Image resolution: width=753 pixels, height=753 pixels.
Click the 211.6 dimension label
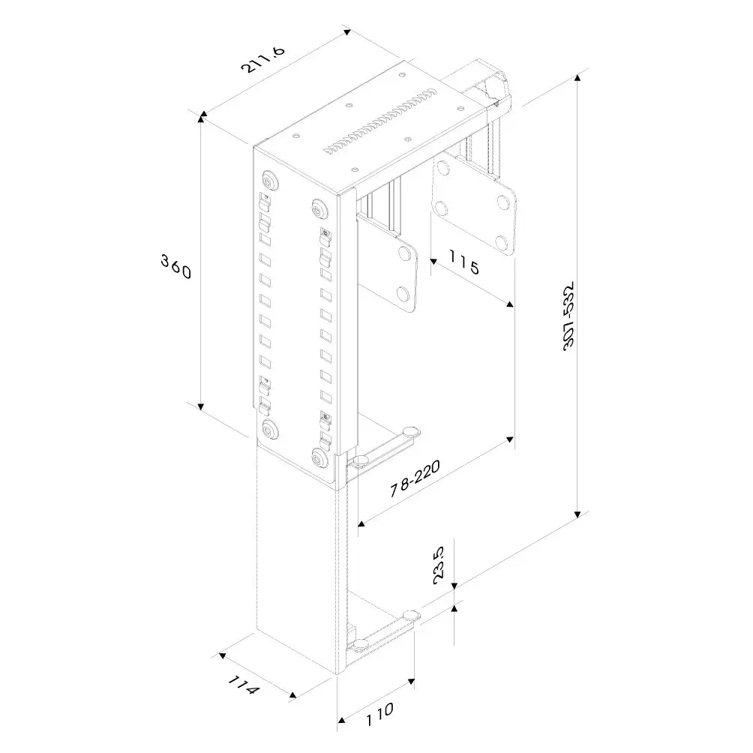pos(262,59)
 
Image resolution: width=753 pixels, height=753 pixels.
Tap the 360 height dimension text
pos(176,266)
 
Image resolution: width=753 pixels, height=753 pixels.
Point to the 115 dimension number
pos(464,262)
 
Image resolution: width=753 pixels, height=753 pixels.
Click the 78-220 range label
pos(415,478)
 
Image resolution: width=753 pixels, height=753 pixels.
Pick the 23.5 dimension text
pos(439,565)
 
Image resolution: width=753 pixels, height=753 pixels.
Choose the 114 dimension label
pos(244,684)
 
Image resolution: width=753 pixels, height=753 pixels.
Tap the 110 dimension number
pos(379,715)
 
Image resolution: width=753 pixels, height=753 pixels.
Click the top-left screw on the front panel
pos(270,180)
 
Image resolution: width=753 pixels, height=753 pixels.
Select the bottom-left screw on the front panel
pos(270,429)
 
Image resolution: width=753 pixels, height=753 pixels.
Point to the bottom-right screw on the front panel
pos(319,457)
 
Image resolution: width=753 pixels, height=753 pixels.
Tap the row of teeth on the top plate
pos(380,121)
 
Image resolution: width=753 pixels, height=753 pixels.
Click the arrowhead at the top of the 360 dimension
pos(202,115)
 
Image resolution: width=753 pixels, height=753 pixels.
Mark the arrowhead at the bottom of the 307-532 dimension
pos(578,514)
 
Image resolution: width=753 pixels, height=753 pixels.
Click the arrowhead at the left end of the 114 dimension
pos(222,655)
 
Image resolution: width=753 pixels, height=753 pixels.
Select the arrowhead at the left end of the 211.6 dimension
pos(203,113)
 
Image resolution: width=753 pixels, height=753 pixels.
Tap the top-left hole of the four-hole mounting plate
pos(442,167)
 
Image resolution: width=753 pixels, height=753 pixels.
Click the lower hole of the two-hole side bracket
pos(403,292)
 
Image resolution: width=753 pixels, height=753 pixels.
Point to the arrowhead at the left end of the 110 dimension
pos(341,720)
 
